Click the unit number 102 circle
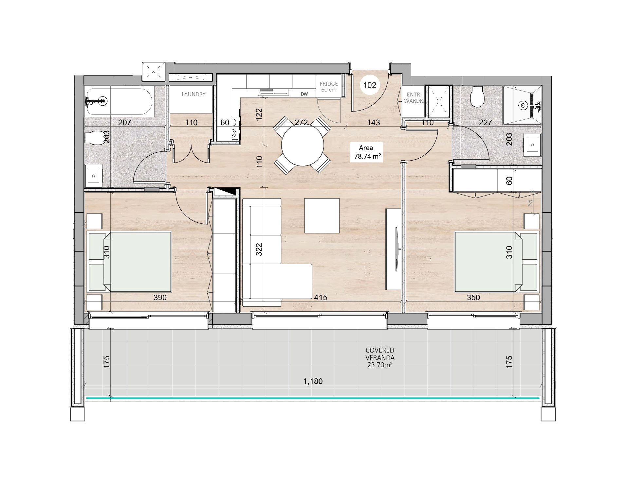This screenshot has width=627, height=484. (370, 85)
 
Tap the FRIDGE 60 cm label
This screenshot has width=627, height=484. (328, 87)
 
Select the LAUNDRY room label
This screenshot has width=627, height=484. (194, 94)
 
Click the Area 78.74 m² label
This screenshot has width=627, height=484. (367, 152)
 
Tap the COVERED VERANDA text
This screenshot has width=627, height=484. (380, 354)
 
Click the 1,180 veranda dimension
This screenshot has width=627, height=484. (313, 381)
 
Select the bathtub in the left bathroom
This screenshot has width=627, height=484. (119, 101)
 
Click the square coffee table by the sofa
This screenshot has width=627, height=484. (322, 216)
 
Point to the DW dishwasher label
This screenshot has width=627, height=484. (304, 94)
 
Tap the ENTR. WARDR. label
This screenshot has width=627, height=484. (414, 98)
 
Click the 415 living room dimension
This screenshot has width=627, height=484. (321, 298)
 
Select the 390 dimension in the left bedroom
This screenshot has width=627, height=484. (160, 298)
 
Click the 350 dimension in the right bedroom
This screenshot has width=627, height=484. (473, 298)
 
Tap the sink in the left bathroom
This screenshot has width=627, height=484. (94, 176)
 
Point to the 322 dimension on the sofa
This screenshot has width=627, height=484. (259, 249)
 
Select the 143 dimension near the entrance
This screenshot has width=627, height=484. (374, 123)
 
